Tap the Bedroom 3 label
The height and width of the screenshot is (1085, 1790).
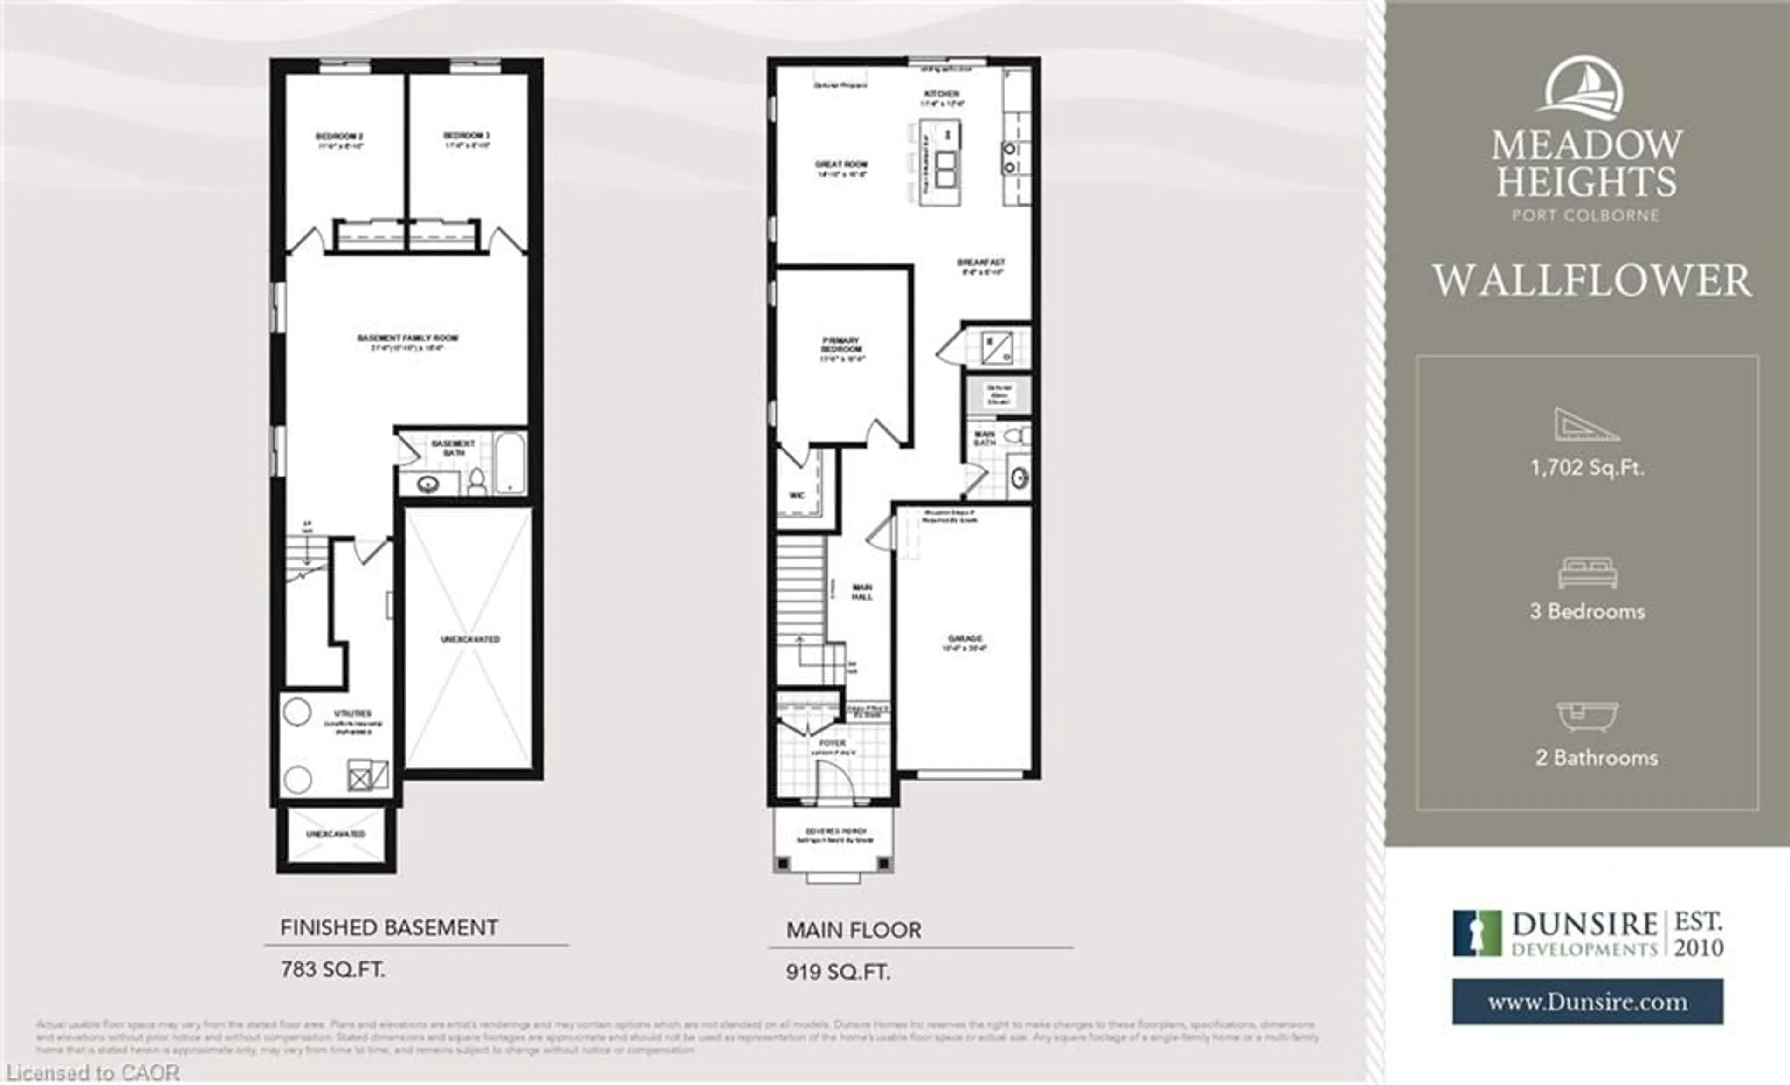[x=467, y=136]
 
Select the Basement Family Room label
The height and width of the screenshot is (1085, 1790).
[x=407, y=339]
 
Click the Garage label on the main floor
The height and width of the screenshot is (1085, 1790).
[x=965, y=638]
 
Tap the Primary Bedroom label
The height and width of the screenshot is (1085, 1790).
[x=842, y=345]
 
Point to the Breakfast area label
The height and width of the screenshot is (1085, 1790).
[x=981, y=263]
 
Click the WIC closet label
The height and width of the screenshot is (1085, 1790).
[x=797, y=496]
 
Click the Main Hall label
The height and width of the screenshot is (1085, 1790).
[x=862, y=592]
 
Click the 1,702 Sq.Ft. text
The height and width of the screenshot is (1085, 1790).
[x=1587, y=467]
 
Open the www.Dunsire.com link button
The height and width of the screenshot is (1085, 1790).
[x=1587, y=1002]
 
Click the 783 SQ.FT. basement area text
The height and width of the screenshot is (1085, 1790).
[x=333, y=969]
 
